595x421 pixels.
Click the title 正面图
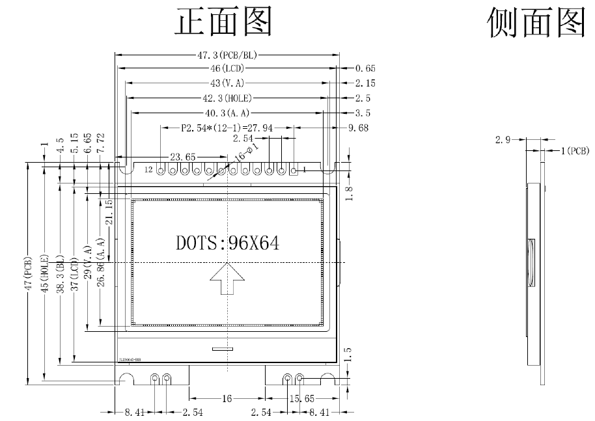coord(224,21)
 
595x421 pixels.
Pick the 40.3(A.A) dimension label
coord(228,113)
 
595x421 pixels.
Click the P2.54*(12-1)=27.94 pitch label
coord(221,128)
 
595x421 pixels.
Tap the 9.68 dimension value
coord(359,128)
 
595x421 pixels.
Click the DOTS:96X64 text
coord(227,243)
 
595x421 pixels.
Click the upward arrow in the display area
coord(227,279)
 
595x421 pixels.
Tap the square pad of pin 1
coord(294,170)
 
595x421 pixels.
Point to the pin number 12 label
coord(149,170)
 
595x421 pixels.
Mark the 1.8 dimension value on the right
coord(349,194)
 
